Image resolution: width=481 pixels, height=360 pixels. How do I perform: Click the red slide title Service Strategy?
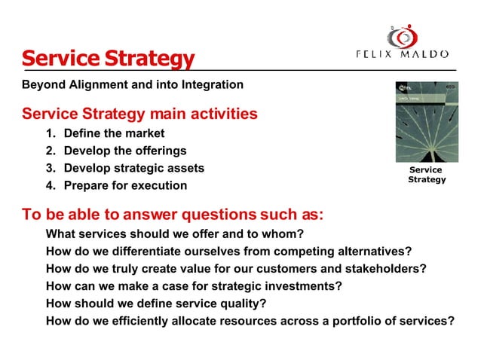108,58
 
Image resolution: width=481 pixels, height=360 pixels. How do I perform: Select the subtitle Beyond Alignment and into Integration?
133,84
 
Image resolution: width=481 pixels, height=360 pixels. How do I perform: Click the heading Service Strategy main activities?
139,114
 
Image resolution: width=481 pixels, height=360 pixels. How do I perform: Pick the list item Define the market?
114,133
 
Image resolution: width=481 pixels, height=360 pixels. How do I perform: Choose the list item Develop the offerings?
124,151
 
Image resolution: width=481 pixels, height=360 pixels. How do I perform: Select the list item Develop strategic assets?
133,168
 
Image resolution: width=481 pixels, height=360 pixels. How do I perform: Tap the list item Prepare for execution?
125,185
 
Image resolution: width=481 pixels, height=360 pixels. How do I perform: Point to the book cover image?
426,122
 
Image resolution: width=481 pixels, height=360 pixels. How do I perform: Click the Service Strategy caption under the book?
427,175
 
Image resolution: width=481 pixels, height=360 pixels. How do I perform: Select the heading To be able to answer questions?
173,214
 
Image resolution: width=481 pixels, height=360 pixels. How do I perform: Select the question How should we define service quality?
156,304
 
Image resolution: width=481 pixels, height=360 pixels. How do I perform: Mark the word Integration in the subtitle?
213,84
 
